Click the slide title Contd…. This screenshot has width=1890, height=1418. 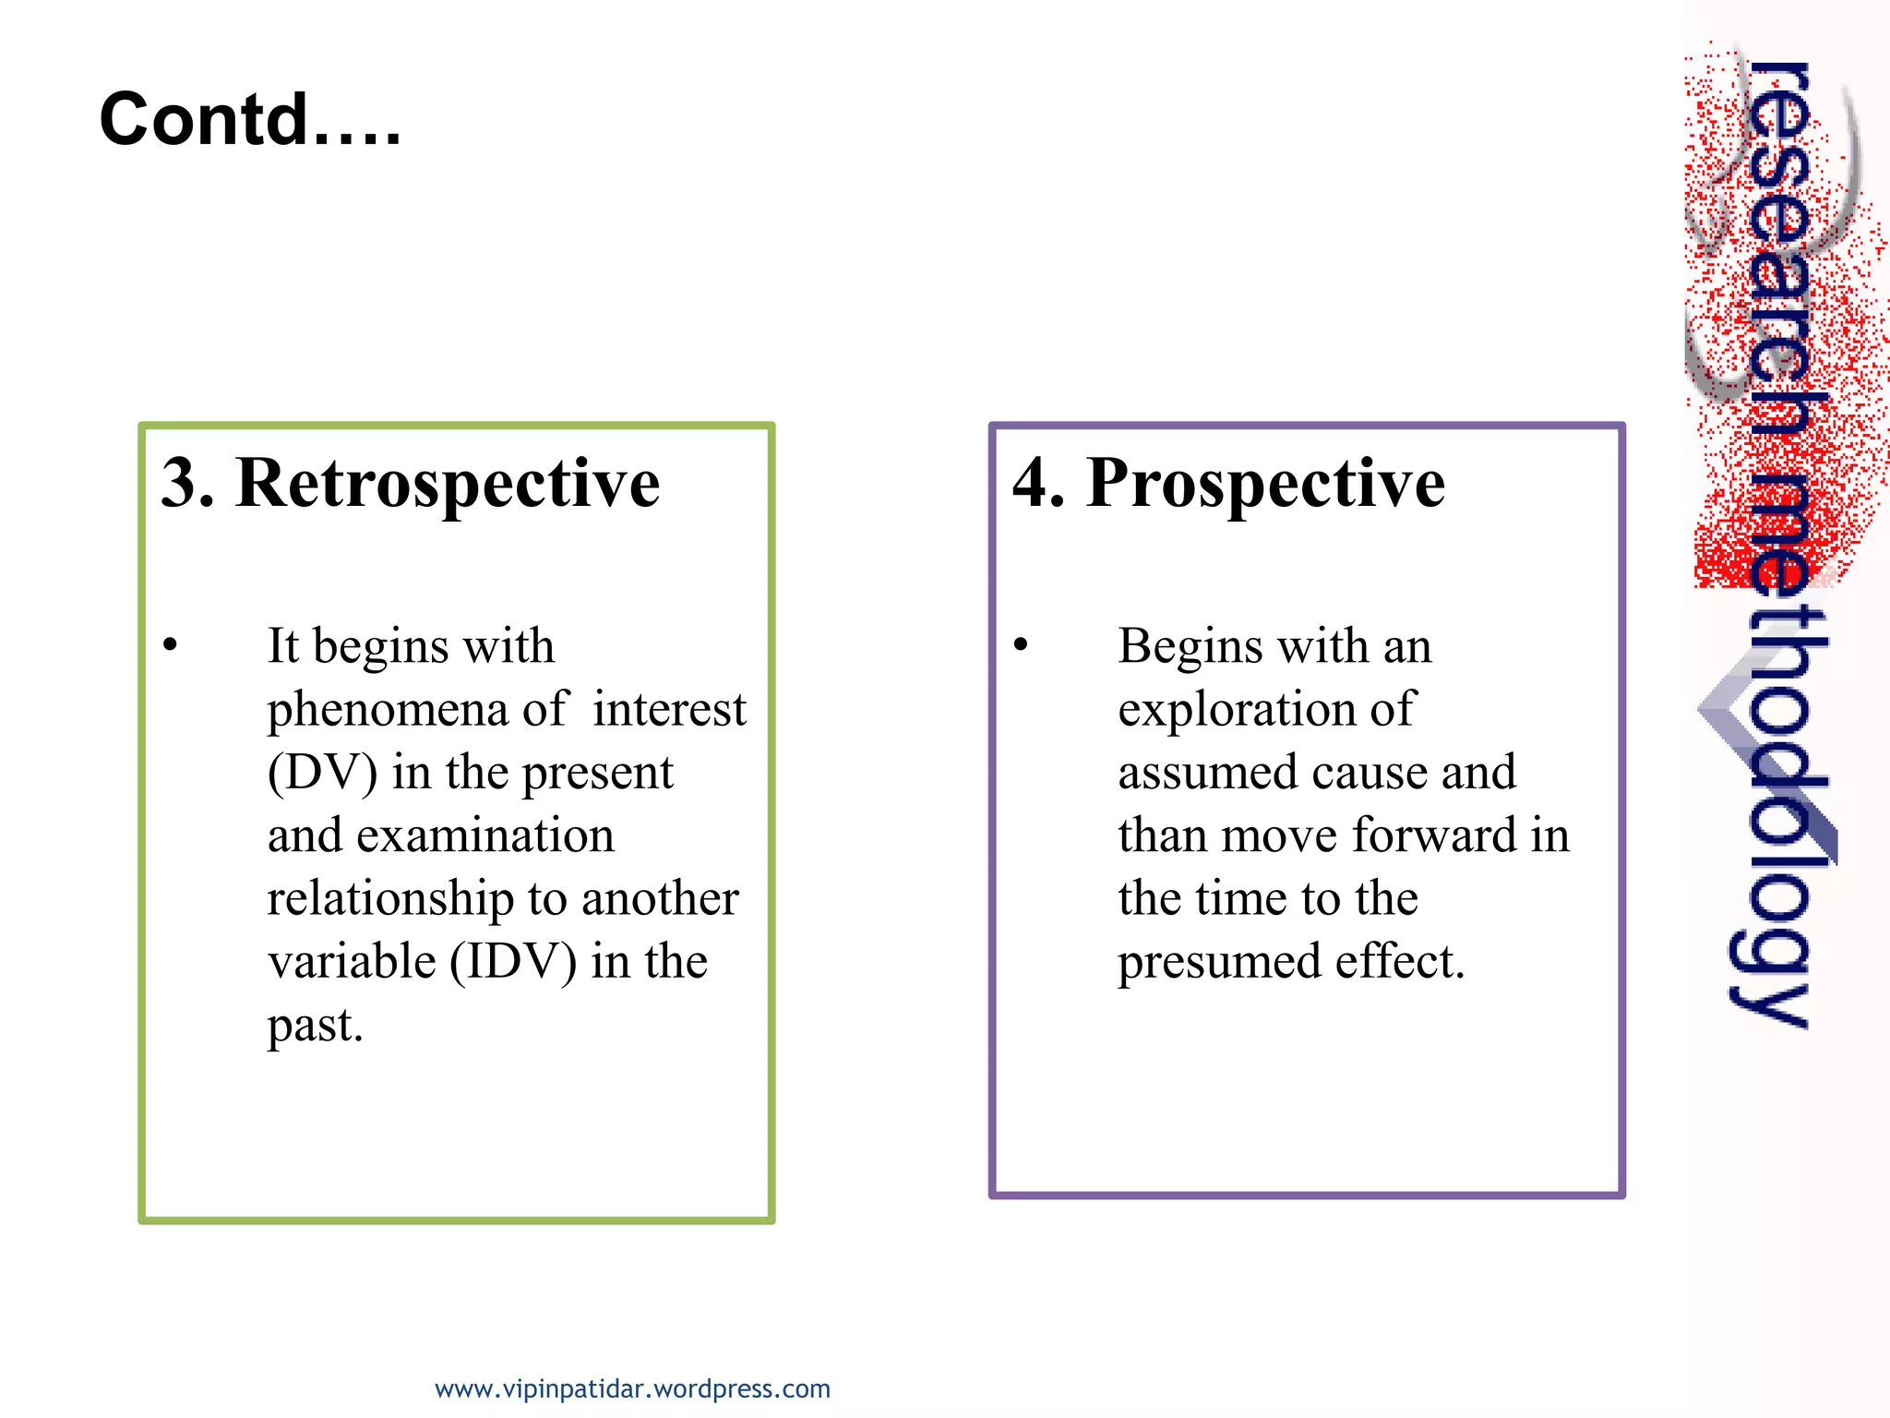point(250,120)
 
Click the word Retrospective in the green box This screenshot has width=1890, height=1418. point(448,483)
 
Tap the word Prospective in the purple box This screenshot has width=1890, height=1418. point(1265,483)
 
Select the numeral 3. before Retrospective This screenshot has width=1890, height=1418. point(187,483)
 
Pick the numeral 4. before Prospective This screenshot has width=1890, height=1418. point(1038,483)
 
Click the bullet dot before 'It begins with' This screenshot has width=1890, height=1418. point(170,644)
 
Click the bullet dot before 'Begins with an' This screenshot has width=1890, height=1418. point(1020,644)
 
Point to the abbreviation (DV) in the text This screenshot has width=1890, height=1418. point(322,773)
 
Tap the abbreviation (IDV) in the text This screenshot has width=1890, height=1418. point(513,962)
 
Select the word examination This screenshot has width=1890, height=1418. point(484,836)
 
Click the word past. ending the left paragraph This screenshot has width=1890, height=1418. point(316,1026)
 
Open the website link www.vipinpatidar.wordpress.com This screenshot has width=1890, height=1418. point(632,1388)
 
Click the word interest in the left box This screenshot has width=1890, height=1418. point(669,711)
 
